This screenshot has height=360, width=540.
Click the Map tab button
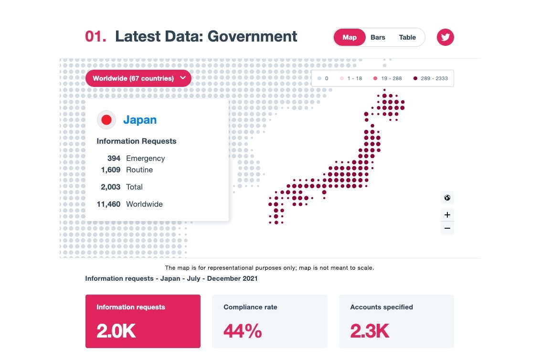coord(349,37)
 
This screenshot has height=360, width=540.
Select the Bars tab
coord(378,37)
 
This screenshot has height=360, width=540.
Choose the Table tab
coord(407,37)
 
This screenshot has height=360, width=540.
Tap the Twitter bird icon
coord(445,37)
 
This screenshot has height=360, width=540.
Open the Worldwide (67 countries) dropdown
coord(138,78)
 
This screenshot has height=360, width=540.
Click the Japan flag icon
coord(106,120)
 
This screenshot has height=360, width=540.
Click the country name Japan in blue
coord(140,120)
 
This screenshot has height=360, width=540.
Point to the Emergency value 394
coord(114,159)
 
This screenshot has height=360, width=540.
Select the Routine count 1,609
coord(111,170)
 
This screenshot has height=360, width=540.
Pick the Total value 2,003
coord(110,187)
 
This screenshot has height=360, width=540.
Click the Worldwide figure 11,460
coord(108,204)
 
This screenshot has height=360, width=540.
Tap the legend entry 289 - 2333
coord(431,78)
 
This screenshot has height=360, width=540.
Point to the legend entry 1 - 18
coord(351,78)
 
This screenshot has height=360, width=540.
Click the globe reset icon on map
coord(447,198)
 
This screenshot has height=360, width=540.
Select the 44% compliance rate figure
coord(243,330)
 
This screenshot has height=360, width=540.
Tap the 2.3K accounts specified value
coord(370,330)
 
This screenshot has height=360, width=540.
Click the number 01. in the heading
coord(95,37)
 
